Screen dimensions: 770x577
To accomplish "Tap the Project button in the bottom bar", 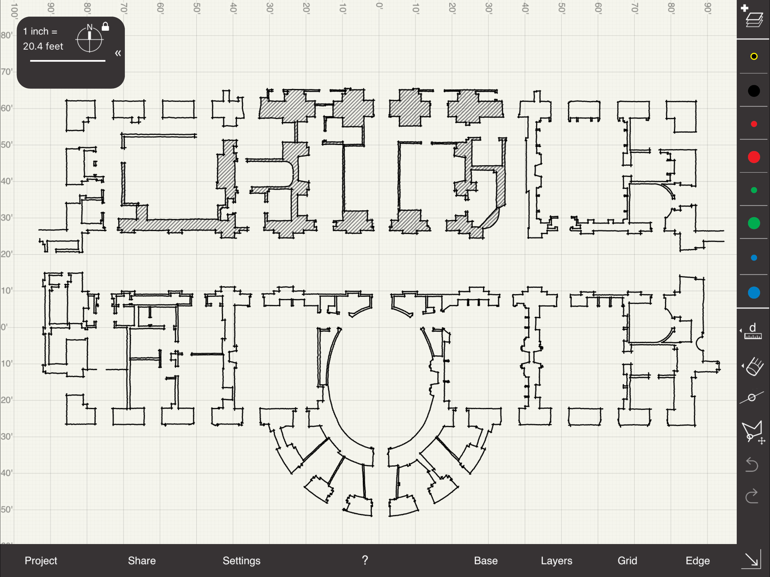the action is coord(41,561).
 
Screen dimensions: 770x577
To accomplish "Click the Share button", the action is coord(142,561).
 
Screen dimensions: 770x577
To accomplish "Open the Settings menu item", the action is coord(242,561).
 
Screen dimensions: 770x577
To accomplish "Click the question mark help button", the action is coord(365,560).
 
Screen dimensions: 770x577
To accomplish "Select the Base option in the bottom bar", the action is coord(486,561).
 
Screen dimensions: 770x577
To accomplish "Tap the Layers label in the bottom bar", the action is coord(556,561).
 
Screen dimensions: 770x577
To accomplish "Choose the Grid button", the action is coord(627,561).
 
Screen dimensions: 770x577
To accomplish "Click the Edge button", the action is coord(698,561).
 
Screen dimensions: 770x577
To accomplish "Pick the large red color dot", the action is coord(754,157).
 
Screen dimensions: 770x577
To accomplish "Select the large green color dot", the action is coord(754,223).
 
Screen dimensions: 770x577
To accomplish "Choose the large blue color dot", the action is coord(754,293).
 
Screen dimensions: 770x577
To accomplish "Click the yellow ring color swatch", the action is coord(754,56).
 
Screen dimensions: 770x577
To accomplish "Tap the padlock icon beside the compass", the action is coord(105,26).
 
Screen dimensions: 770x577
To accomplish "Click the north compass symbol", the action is coord(89,38).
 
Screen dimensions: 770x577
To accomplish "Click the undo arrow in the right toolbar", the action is coord(752,465).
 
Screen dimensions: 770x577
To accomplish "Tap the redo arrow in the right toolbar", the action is coord(752,496).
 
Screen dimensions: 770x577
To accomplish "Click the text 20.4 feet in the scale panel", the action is coord(43,46).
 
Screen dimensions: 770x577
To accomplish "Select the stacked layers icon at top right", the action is coord(754,19).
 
